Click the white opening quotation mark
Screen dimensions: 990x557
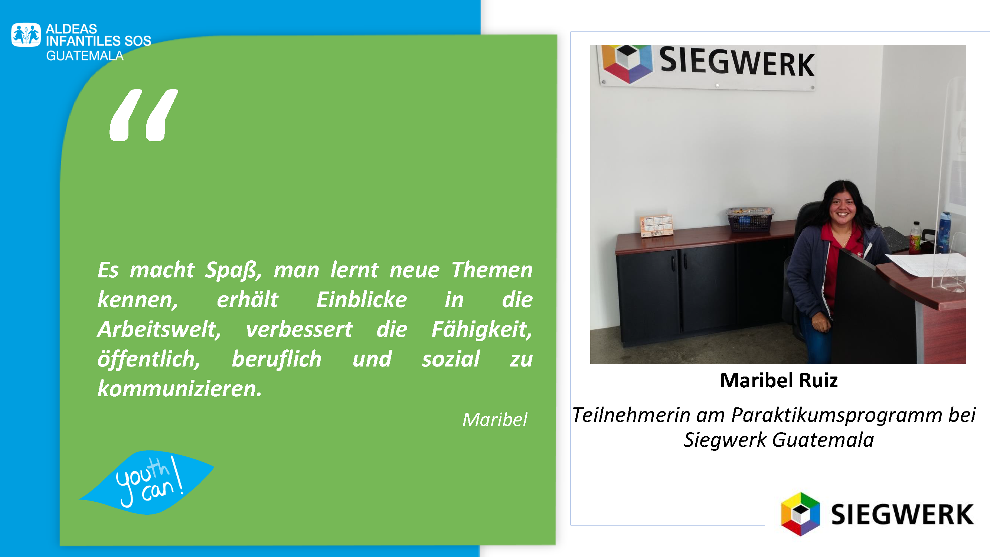tap(144, 115)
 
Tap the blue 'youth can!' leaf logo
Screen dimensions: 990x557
tap(146, 483)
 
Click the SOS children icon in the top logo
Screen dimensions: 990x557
tap(26, 35)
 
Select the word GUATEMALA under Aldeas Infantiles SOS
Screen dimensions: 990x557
tap(85, 56)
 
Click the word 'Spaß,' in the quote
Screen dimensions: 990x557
tap(233, 270)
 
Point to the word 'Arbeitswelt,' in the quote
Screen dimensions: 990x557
tap(159, 329)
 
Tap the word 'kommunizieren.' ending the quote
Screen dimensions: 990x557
tap(179, 389)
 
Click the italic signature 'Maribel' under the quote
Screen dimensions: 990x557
tap(495, 419)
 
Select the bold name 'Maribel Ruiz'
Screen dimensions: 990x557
tap(779, 381)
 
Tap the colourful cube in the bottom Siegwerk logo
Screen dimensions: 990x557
tap(800, 514)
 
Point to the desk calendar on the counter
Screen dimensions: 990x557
tap(656, 226)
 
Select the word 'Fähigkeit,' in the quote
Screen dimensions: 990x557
tap(482, 329)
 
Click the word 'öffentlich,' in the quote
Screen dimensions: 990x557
tap(149, 359)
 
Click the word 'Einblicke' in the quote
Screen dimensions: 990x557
tap(361, 299)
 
